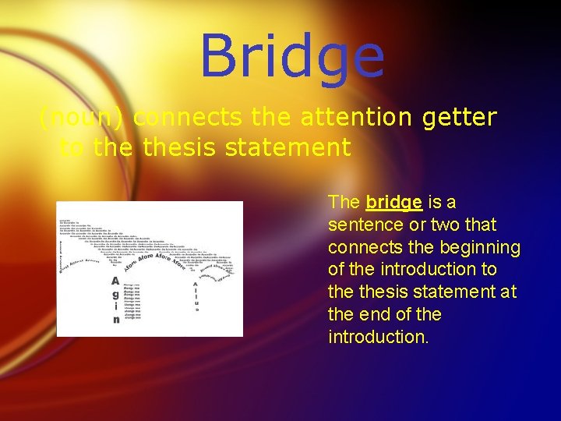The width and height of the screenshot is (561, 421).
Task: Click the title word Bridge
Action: tap(292, 57)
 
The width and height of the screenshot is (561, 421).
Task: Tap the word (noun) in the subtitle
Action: tap(84, 118)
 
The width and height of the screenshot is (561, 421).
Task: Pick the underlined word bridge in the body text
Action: tap(394, 203)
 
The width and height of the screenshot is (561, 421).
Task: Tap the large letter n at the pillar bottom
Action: tap(116, 320)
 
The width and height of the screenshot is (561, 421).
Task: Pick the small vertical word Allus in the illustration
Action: tap(196, 297)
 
